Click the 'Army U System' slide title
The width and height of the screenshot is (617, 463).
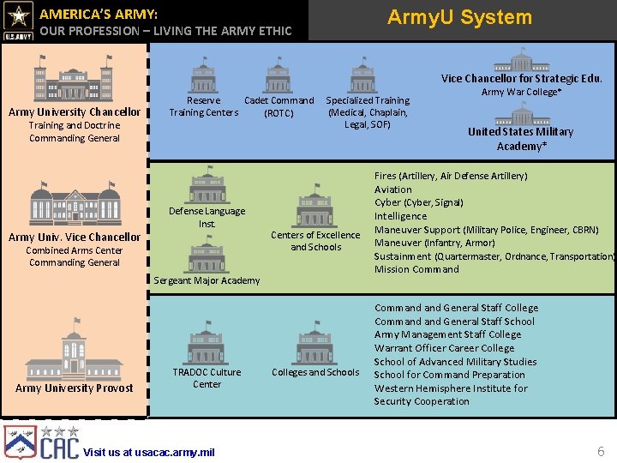point(459,17)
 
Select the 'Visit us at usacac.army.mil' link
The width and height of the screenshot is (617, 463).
point(149,452)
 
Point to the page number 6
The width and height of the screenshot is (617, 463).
point(601,451)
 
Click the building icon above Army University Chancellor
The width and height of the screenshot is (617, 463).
point(74,79)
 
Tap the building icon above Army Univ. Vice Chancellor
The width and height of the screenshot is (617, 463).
point(75,203)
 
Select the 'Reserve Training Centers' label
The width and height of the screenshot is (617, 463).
point(203,106)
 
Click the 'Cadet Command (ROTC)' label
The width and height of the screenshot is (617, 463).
point(279,106)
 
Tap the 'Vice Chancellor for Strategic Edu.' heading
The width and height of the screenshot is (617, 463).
point(521,78)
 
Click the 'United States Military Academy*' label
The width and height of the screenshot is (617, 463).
point(520,139)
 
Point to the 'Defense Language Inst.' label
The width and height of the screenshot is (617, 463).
point(207,217)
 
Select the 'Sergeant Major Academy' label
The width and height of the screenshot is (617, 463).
point(206,280)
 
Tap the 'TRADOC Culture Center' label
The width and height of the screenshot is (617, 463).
point(207,378)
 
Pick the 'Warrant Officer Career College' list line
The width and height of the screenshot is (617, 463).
point(444,348)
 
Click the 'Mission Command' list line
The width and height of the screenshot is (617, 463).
point(416,269)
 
